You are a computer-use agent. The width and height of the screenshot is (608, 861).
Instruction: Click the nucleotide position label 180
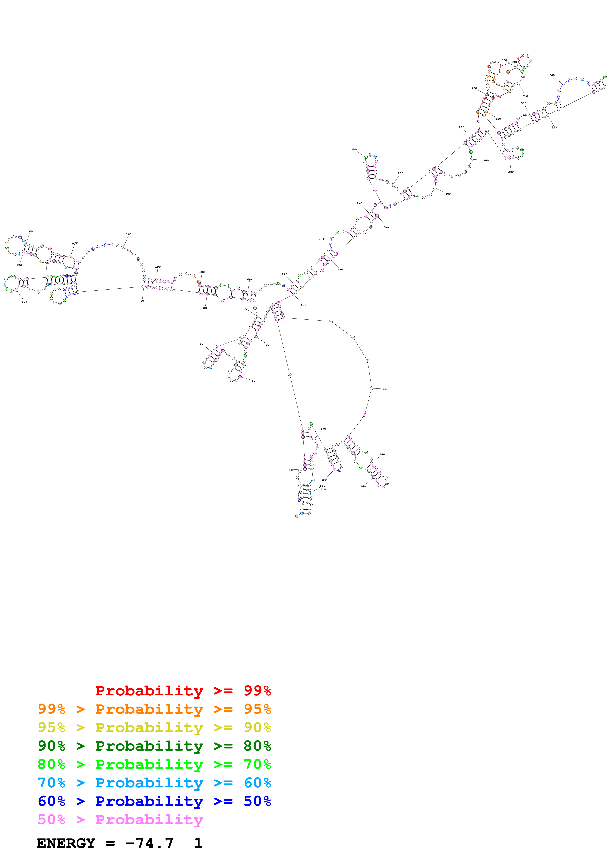(x=129, y=234)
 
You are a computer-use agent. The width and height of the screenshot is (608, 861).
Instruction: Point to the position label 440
(x=386, y=389)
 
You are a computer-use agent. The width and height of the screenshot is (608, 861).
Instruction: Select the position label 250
(x=354, y=150)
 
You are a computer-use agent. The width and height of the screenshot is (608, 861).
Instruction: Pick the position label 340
(x=552, y=75)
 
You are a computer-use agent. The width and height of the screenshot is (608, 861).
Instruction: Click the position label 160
(x=30, y=231)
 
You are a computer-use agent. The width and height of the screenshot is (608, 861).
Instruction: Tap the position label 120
(x=24, y=301)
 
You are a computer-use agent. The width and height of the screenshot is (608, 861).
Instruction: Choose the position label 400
(x=448, y=194)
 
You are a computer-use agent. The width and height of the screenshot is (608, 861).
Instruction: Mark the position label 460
(x=363, y=486)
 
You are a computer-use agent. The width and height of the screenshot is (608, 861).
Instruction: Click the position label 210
(x=249, y=279)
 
